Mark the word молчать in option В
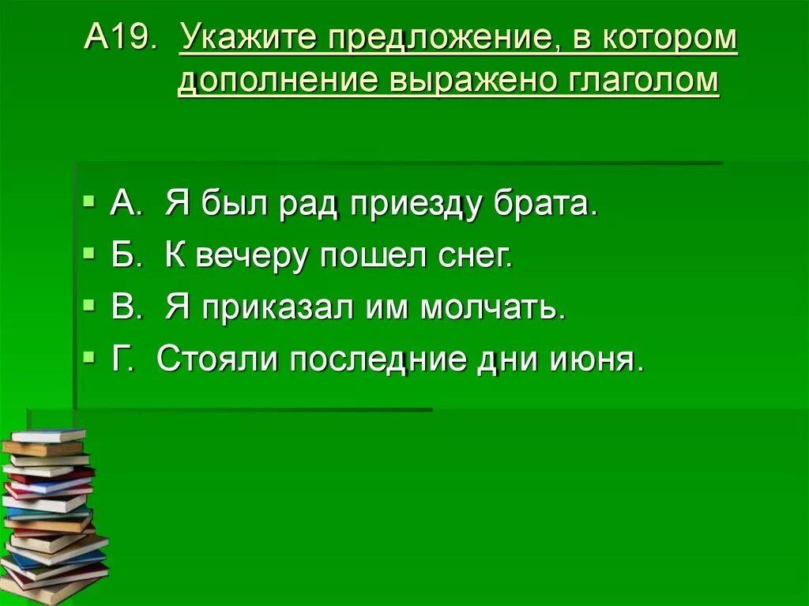tap(493, 308)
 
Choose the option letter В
tap(123, 308)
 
